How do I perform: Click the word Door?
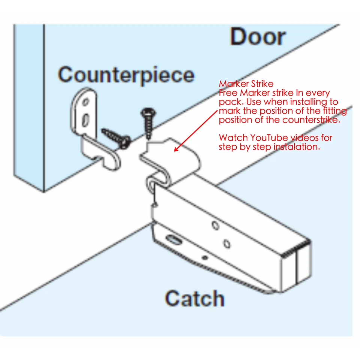point(258,37)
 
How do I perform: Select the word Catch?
point(195,298)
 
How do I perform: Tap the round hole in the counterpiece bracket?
point(86,101)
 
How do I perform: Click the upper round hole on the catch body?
point(215,226)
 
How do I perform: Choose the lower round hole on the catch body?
point(226,244)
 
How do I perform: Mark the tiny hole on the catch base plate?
point(204,258)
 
